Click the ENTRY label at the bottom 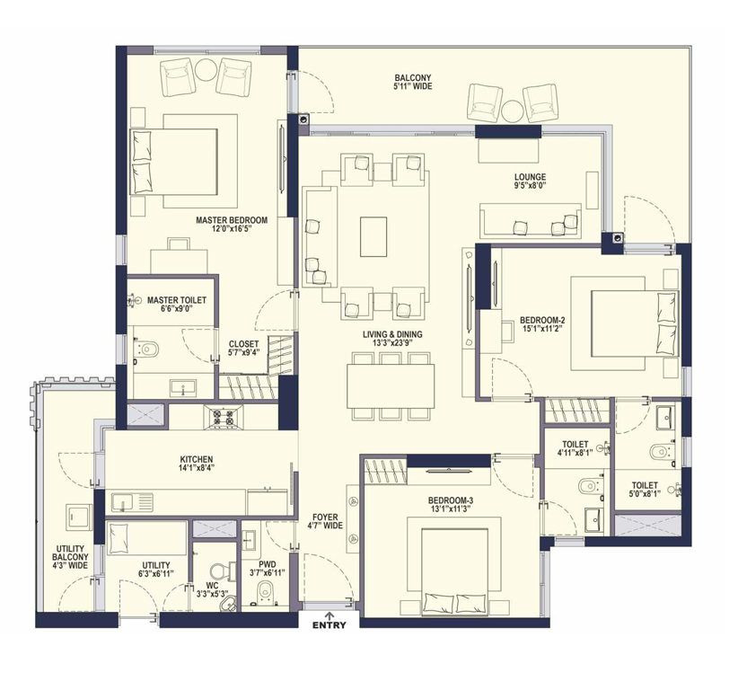point(329,625)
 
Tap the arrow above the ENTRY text point(329,615)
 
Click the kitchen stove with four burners point(224,416)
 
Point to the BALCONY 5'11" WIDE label point(413,82)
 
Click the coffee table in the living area point(373,237)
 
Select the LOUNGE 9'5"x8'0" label point(531,181)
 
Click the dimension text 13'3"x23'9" point(392,343)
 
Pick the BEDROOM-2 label point(542,320)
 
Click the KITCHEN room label point(197,459)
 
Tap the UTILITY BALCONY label point(70,553)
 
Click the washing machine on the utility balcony point(78,517)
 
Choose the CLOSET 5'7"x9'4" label point(243,348)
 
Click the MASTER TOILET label point(177,300)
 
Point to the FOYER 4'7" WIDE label point(325,521)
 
